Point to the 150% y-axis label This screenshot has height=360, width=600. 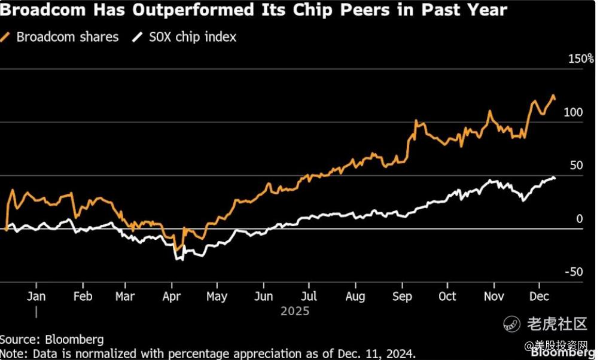pyautogui.click(x=581, y=59)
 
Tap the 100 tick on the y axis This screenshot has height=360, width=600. pyautogui.click(x=572, y=112)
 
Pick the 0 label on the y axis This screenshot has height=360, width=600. pyautogui.click(x=579, y=219)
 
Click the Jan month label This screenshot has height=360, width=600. pyautogui.click(x=36, y=297)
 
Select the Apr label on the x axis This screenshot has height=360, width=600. pyautogui.click(x=172, y=297)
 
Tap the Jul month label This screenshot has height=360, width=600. pyautogui.click(x=309, y=297)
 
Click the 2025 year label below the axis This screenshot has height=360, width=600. pyautogui.click(x=295, y=312)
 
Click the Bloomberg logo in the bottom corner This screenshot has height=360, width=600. pyautogui.click(x=572, y=353)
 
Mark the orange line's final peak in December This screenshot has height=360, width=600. pyautogui.click(x=553, y=95)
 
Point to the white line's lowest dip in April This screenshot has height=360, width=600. pyautogui.click(x=177, y=260)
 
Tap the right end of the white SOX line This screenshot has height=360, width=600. pyautogui.click(x=555, y=178)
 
